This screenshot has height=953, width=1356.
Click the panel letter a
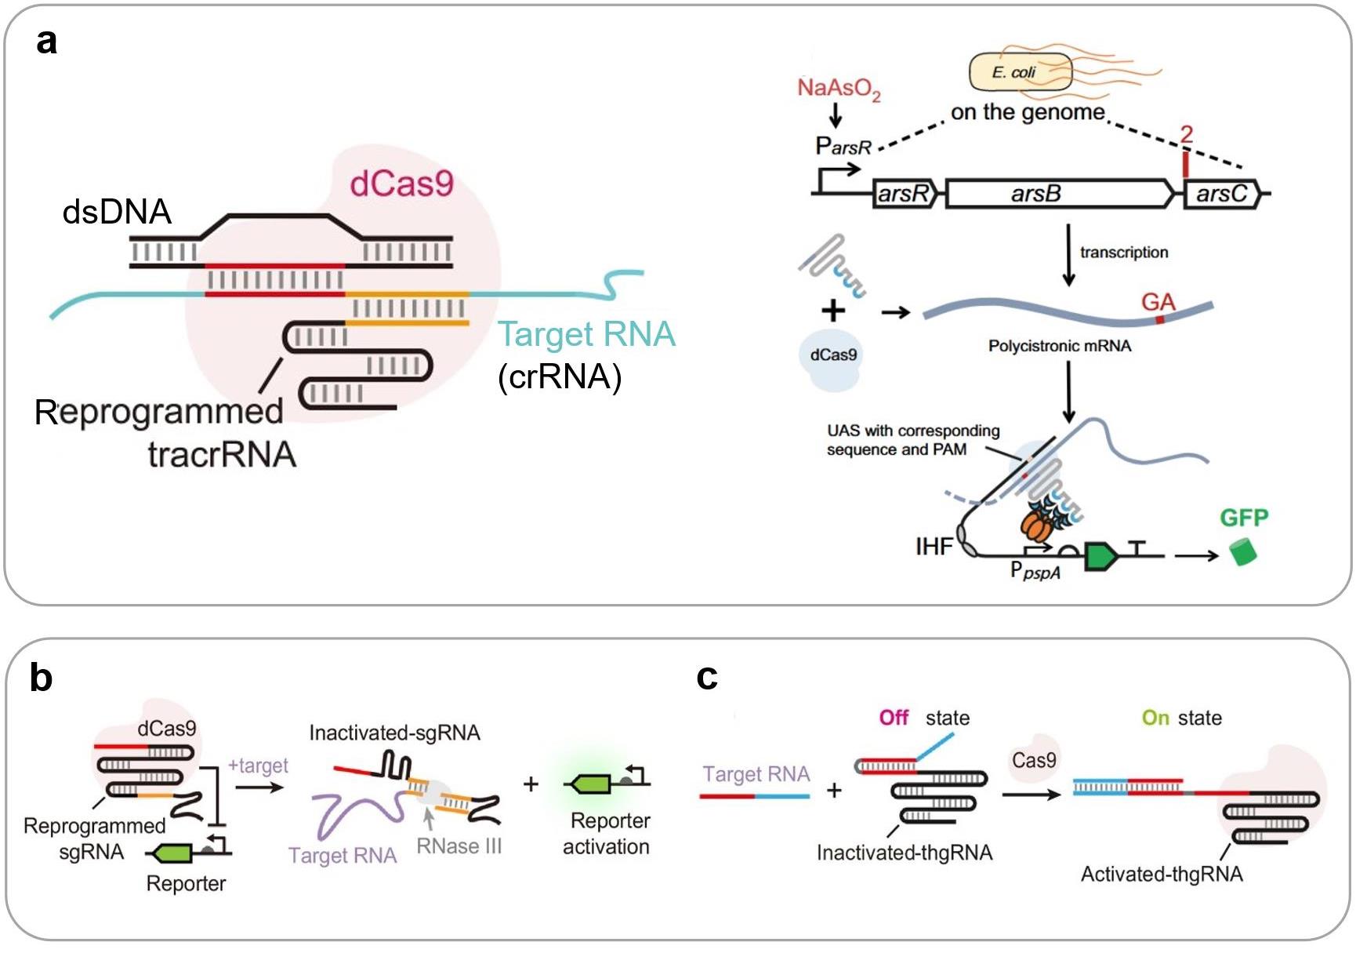pos(46,41)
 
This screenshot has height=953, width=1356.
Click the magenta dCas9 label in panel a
pos(401,184)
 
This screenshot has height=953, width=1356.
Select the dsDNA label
pos(117,212)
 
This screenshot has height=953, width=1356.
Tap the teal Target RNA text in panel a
pos(586,334)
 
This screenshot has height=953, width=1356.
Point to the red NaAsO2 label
pos(838,89)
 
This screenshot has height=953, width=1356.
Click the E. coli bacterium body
pos(1019,72)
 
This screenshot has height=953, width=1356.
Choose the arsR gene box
pos(904,193)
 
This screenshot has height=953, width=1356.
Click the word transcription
pos(1123,252)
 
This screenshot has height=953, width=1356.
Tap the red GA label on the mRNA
pos(1158,302)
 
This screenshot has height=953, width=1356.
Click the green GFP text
pos(1243,518)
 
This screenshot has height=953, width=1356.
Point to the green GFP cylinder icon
pos(1242,551)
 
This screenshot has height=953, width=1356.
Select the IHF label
pos(934,546)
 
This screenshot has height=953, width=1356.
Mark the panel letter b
pos(41,677)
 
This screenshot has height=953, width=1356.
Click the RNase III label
pos(459,846)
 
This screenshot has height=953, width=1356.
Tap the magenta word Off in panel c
pos(893,718)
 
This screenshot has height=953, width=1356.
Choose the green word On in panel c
pos(1155,718)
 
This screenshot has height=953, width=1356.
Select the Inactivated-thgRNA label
pos(904,853)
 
